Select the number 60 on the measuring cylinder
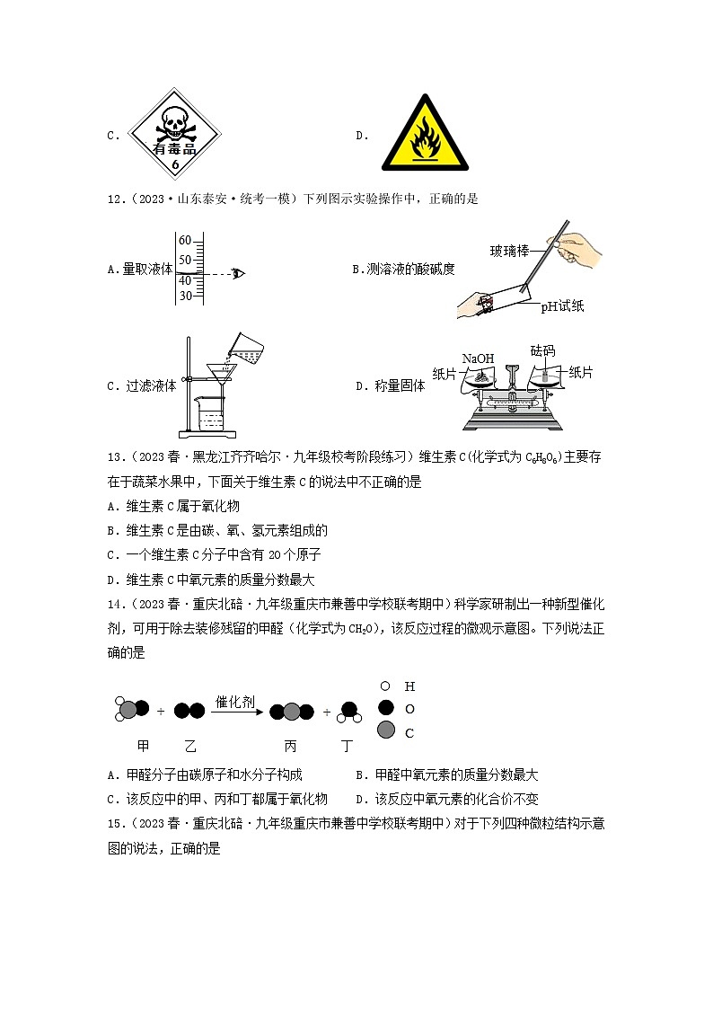pyautogui.click(x=185, y=241)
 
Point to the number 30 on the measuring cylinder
pyautogui.click(x=185, y=296)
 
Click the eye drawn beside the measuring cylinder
pyautogui.click(x=238, y=273)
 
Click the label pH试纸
pyautogui.click(x=562, y=306)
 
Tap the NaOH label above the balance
pyautogui.click(x=478, y=358)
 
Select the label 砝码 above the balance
pyautogui.click(x=543, y=350)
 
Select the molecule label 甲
pyautogui.click(x=142, y=746)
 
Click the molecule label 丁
pyautogui.click(x=348, y=746)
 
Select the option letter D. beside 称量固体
pyautogui.click(x=363, y=386)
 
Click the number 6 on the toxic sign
pyautogui.click(x=175, y=166)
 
